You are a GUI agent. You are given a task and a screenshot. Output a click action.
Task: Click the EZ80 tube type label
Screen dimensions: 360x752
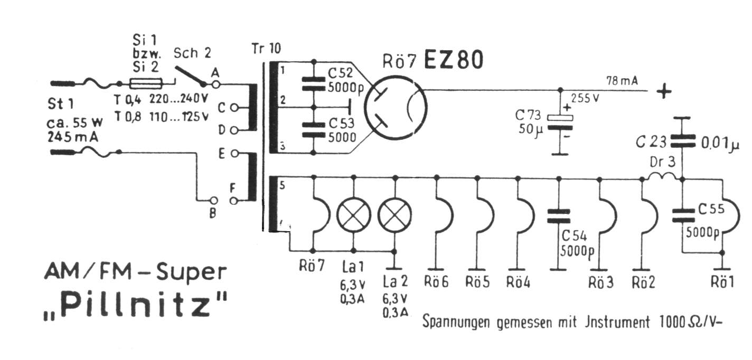click(453, 61)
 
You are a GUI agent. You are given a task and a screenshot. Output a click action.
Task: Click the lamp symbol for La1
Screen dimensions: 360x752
click(353, 215)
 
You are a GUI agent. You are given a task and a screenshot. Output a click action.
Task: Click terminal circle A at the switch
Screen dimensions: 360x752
click(215, 84)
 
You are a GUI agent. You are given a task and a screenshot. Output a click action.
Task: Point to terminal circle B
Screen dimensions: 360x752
click(213, 201)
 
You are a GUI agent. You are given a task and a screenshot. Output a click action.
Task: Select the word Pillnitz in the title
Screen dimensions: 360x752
click(136, 307)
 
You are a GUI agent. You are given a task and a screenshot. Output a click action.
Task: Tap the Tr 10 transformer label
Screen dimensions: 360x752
click(267, 49)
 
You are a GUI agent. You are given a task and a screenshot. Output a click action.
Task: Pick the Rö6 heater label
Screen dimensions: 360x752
click(436, 282)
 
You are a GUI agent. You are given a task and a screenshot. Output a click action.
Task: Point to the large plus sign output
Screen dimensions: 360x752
click(664, 92)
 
